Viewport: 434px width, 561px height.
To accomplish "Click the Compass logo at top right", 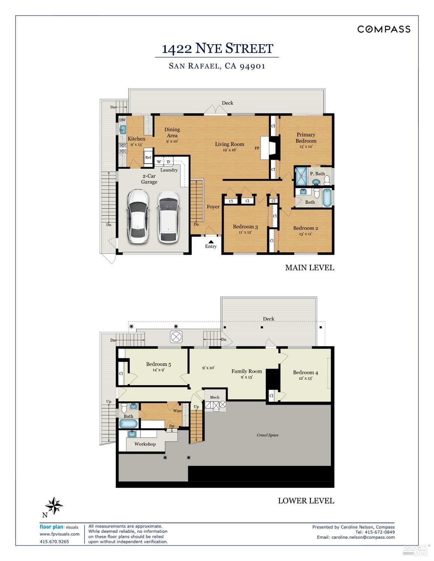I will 383,29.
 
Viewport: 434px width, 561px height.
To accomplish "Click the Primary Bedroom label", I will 306,138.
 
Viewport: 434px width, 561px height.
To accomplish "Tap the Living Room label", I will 229,144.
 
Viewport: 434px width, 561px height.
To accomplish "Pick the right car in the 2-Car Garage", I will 168,217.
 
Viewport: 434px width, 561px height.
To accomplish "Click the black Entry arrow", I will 211,242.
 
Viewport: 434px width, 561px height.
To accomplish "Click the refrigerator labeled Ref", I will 148,157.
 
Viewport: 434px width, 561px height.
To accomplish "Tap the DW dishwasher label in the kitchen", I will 122,120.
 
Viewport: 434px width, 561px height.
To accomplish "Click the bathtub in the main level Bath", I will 327,198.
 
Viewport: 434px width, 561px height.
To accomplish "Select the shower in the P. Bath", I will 300,177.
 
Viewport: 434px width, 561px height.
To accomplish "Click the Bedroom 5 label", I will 158,364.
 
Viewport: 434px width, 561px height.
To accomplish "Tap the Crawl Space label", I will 267,435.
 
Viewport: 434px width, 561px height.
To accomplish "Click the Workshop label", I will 145,444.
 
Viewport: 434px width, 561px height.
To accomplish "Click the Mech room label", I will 215,397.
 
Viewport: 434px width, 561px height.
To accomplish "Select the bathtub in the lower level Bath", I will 128,424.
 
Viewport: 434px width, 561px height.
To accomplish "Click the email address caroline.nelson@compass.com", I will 363,537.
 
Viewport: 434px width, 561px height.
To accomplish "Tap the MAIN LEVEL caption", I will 309,268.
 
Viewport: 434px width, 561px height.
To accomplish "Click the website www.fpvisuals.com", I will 60,534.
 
